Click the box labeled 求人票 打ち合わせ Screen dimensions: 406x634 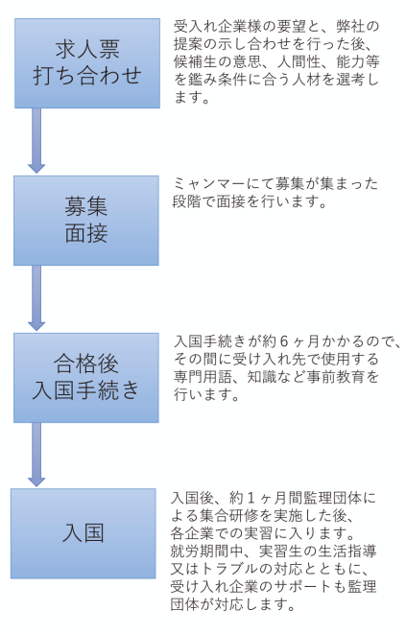click(87, 63)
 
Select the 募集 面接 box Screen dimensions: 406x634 click(86, 221)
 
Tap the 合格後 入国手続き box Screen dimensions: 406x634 click(86, 378)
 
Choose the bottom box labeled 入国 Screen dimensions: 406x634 click(84, 533)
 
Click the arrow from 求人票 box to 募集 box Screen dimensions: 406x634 click(36, 141)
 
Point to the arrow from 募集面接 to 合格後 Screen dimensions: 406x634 click(36, 298)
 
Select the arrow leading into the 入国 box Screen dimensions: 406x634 click(36, 455)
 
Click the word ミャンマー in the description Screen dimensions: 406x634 click(209, 184)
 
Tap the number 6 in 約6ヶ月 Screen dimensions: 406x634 click(284, 341)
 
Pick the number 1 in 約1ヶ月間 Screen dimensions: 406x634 click(251, 498)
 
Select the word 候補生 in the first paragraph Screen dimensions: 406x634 click(195, 61)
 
